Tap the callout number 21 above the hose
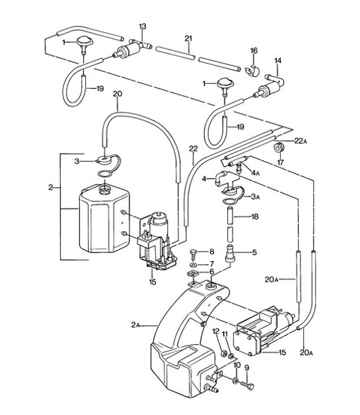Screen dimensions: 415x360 point(188,39)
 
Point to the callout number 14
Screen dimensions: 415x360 point(278,60)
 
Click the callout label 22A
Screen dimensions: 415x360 point(302,141)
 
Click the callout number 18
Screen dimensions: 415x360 point(254,216)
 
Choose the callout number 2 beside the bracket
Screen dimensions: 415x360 point(50,188)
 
